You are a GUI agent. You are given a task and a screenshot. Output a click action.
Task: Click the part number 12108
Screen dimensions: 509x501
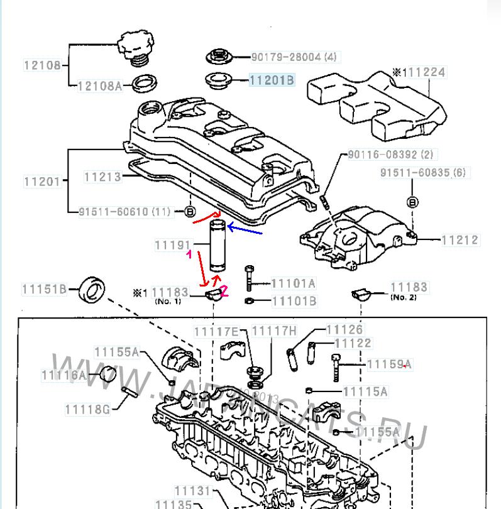tap(43, 65)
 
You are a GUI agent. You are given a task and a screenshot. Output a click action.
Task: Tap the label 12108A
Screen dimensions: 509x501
tap(99, 86)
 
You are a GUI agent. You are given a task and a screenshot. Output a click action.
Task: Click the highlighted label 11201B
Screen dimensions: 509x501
tap(272, 80)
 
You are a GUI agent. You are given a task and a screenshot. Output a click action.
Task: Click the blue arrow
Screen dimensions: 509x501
tap(245, 230)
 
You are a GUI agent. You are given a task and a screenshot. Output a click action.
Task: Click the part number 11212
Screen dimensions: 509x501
tap(460, 239)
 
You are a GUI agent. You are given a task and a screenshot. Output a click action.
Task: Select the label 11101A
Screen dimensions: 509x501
tap(294, 284)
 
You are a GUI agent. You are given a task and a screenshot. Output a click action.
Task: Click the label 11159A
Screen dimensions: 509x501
tap(389, 364)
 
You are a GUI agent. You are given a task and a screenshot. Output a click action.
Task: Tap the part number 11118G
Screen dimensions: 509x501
tap(87, 409)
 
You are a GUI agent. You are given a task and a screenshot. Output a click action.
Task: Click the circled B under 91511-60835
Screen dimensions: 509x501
tap(412, 202)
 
